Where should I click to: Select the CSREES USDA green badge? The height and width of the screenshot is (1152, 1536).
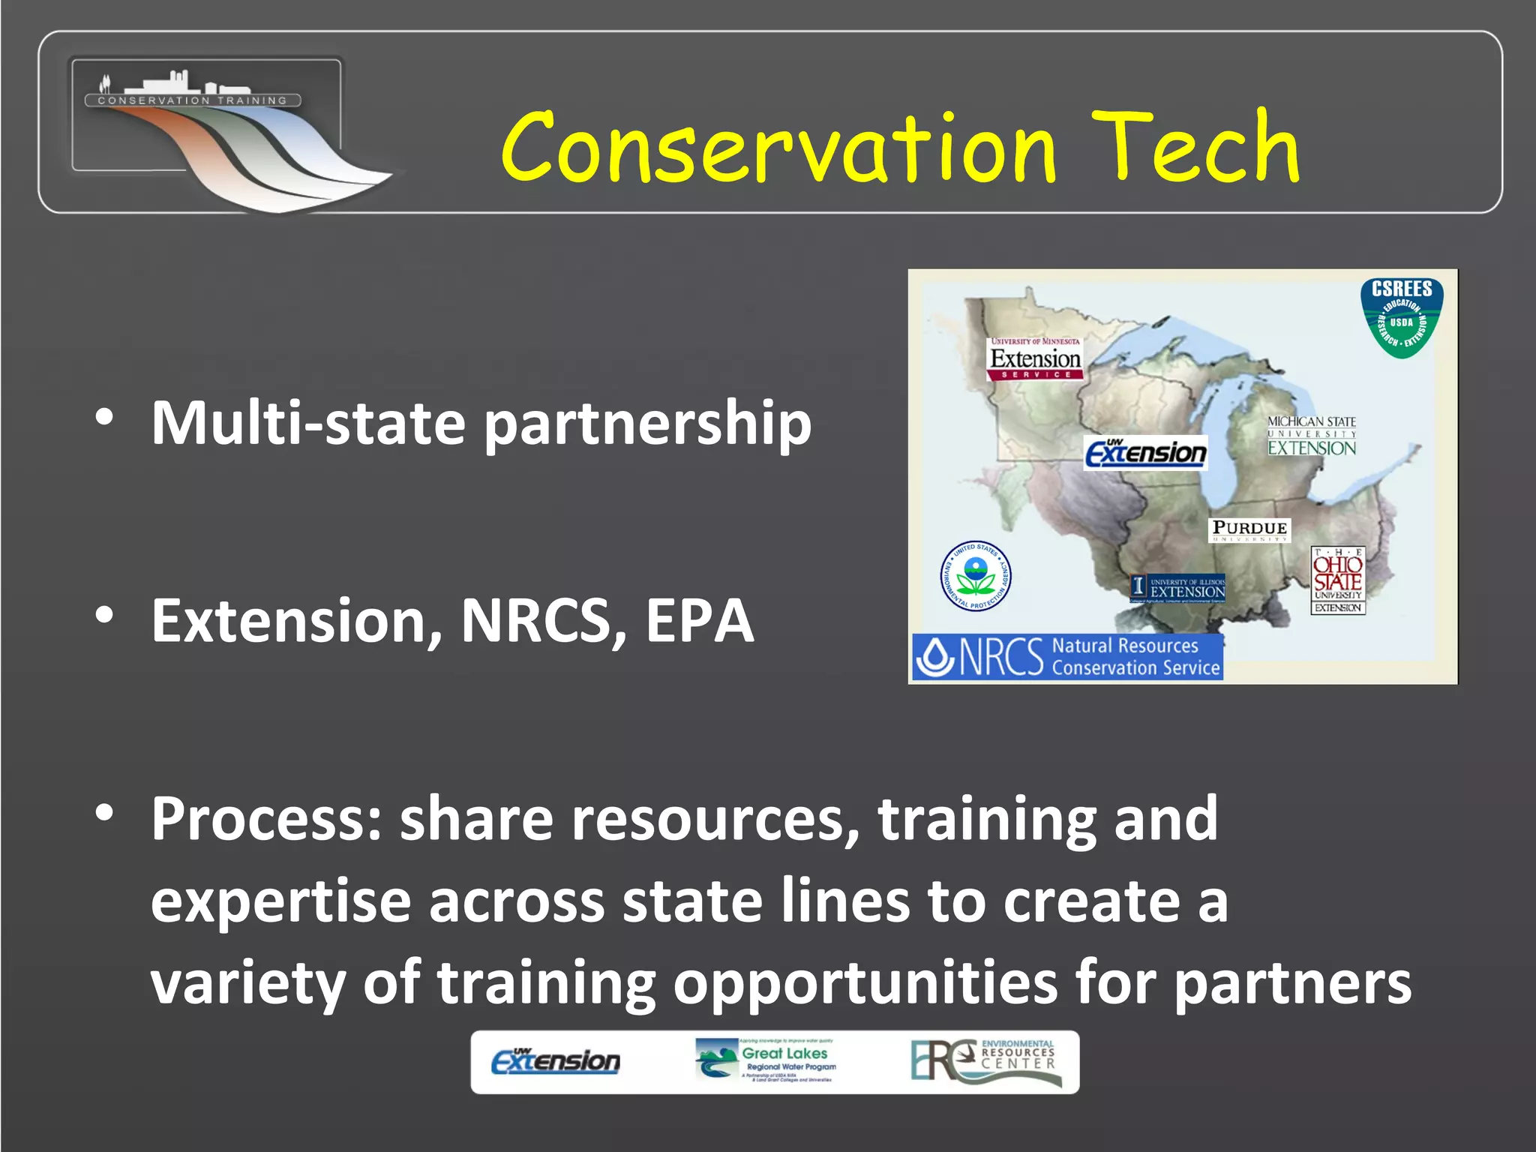[x=1402, y=318]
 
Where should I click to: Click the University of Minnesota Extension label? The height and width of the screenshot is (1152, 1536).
[x=1035, y=358]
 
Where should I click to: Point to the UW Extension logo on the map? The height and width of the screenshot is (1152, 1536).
[x=1146, y=452]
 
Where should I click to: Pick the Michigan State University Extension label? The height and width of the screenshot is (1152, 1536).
[x=1312, y=436]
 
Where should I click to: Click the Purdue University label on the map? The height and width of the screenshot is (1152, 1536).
[x=1249, y=529]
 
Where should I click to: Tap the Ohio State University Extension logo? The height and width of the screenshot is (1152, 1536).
[x=1338, y=580]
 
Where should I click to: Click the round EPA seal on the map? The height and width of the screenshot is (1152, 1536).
[x=976, y=576]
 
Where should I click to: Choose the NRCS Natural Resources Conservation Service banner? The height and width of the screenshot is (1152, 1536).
[x=1067, y=657]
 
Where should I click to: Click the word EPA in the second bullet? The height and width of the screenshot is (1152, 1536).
[x=699, y=621]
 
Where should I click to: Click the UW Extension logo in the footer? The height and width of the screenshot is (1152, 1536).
[x=556, y=1061]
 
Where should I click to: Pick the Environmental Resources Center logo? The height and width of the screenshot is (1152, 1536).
[x=985, y=1061]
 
